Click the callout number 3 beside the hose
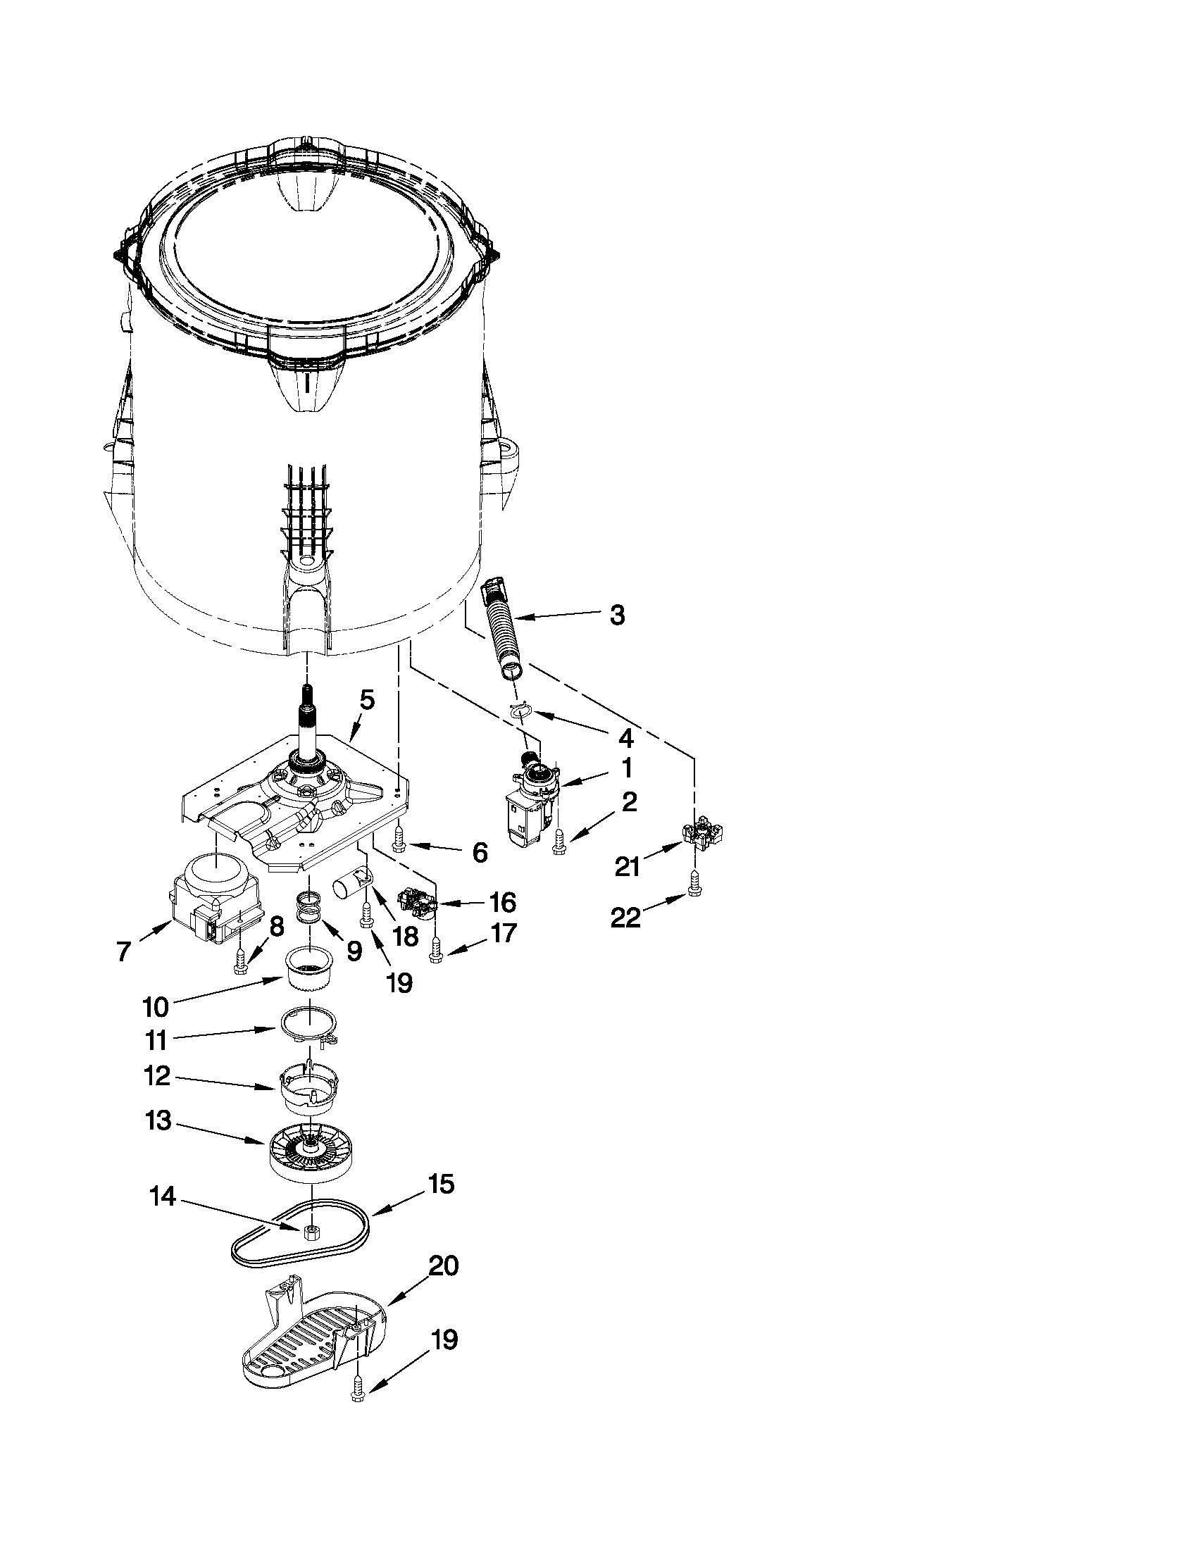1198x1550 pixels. (617, 615)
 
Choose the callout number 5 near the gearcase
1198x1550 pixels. (366, 700)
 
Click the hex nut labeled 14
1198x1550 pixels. (309, 1232)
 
